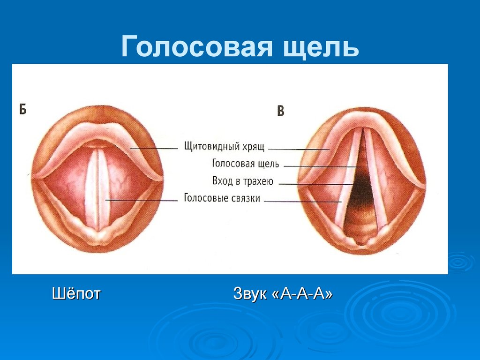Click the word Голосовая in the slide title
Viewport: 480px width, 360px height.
[x=196, y=47]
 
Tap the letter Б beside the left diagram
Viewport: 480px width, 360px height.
[x=22, y=109]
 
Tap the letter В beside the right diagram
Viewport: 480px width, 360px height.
[x=280, y=111]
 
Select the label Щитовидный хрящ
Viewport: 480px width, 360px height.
[x=224, y=146]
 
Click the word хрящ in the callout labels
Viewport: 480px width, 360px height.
[x=254, y=147]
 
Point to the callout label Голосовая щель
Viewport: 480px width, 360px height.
[x=246, y=164]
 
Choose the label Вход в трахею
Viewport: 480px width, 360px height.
[x=243, y=181]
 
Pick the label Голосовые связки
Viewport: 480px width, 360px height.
[x=222, y=198]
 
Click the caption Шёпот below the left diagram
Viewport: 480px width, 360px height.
[x=76, y=293]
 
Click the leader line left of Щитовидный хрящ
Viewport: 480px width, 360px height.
[x=153, y=149]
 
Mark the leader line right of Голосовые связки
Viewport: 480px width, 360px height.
[x=302, y=202]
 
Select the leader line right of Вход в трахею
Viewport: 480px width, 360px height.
[x=316, y=184]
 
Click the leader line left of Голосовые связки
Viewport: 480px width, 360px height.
[x=142, y=200]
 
